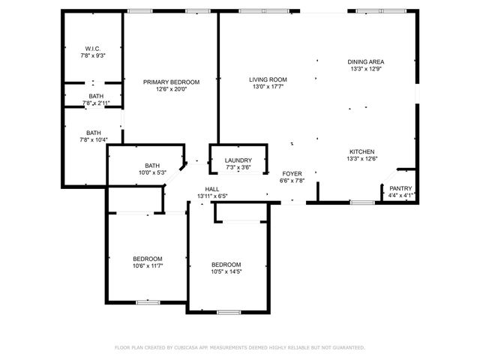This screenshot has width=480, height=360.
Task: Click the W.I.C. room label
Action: tap(93, 48)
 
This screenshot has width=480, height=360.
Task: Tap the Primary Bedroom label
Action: tap(172, 82)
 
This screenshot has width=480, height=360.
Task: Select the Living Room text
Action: tap(268, 79)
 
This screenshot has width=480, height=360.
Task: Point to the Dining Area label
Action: tap(366, 61)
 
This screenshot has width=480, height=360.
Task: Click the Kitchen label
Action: tap(361, 151)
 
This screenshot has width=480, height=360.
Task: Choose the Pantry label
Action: tap(400, 189)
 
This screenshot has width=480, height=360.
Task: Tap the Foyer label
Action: tap(292, 172)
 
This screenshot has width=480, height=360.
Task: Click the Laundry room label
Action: tap(238, 160)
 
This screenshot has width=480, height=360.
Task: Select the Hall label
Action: tap(211, 189)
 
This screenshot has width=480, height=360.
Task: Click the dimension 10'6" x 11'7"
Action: tap(148, 265)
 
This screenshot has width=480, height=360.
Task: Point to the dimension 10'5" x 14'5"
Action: tap(226, 272)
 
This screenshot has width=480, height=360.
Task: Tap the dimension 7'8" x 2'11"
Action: tap(95, 103)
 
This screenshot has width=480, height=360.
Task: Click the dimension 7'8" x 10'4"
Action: tap(94, 139)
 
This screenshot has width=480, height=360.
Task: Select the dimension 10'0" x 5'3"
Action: tap(152, 173)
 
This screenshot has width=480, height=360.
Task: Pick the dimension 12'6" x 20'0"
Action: tap(172, 89)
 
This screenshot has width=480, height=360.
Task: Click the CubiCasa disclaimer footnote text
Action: tap(239, 347)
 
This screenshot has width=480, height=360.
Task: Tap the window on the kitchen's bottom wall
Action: tap(362, 202)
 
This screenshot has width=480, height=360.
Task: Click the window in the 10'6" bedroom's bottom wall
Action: tap(147, 302)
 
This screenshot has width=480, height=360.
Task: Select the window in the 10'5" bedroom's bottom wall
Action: tap(228, 311)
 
